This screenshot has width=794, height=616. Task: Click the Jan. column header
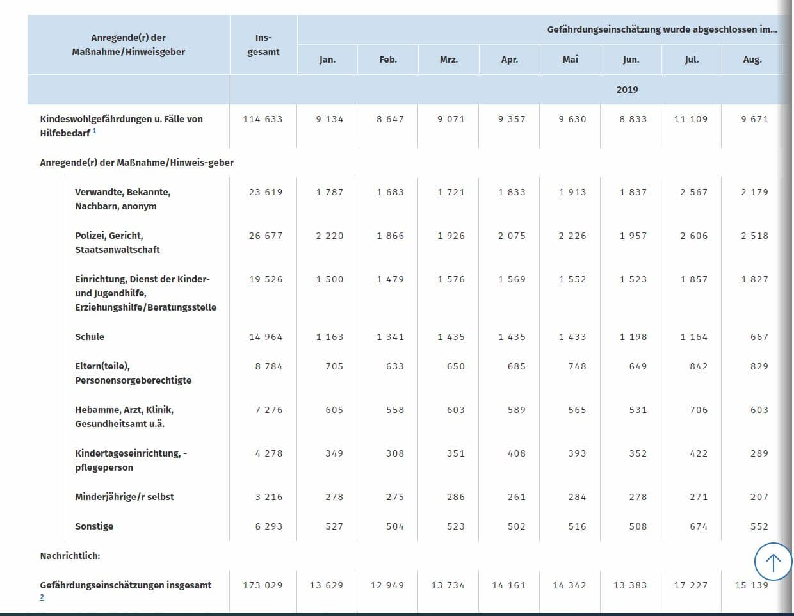coord(327,60)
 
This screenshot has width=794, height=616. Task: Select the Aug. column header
coord(752,60)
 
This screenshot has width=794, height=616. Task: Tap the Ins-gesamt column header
coord(263,45)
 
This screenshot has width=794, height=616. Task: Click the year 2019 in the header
coord(627,90)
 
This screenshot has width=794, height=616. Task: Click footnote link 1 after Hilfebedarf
coord(94,131)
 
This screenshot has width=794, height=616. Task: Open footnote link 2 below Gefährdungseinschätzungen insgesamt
coord(42,597)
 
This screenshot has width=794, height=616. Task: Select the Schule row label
coord(90,337)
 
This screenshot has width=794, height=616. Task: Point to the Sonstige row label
coord(94,526)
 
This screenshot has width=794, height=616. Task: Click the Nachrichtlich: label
coord(70,556)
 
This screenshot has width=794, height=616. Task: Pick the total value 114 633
coord(263,119)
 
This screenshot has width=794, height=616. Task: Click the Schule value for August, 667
coord(759,337)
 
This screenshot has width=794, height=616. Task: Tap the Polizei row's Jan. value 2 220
coord(330,236)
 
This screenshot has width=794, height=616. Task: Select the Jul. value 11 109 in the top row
coord(691,119)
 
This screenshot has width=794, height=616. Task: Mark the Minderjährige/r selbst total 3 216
coord(269,497)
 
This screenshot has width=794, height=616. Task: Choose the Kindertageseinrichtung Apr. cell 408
coord(516,453)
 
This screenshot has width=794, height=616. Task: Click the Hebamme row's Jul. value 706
coord(699,410)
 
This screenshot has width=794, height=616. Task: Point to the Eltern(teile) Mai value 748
coord(577,366)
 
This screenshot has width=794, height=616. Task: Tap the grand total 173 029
coord(263,585)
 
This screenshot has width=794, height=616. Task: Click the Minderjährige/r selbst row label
coord(125,497)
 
